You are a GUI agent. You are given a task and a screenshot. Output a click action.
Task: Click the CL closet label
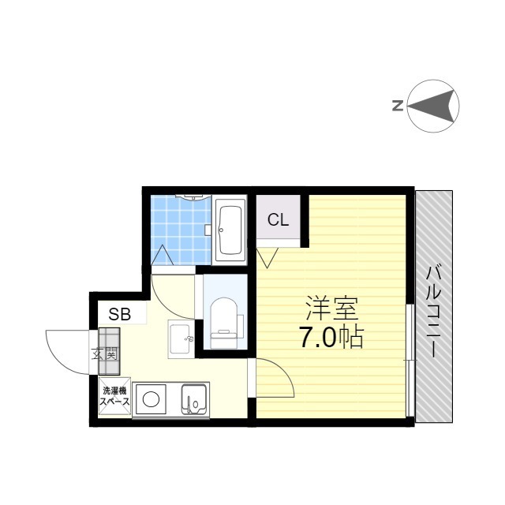point(278,220)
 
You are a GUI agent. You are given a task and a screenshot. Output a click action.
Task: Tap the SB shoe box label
point(119,314)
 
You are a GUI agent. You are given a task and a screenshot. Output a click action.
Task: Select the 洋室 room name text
point(331,309)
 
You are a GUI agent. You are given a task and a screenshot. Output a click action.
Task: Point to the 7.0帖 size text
point(331,337)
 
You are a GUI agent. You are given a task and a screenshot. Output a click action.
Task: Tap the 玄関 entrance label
point(104,354)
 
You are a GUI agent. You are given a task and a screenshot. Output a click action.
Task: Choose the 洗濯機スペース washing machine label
point(115,396)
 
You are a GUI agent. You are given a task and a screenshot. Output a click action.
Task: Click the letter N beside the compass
point(398,106)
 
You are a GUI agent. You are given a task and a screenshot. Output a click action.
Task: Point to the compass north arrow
point(432,106)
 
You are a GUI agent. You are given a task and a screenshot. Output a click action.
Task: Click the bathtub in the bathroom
point(230,230)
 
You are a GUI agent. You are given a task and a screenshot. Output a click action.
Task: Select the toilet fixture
point(223,323)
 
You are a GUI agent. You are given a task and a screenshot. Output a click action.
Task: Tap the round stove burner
point(151,400)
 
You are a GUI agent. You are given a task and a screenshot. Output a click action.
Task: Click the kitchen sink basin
point(194,399)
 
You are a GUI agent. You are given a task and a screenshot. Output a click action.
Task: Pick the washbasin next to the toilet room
point(181,339)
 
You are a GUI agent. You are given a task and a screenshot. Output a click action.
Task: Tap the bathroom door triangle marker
point(163,255)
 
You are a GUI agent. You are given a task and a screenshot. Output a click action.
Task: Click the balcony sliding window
point(410,360)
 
